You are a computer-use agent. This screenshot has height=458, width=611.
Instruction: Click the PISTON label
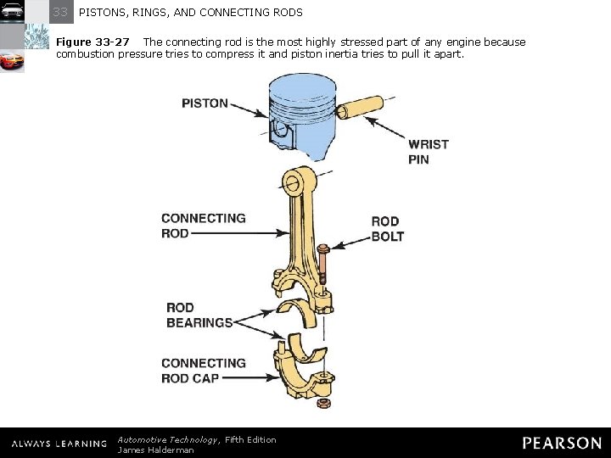tap(205, 103)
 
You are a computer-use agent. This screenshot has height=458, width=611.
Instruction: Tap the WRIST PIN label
tap(428, 151)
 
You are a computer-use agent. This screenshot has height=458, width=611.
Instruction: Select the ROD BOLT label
tap(387, 229)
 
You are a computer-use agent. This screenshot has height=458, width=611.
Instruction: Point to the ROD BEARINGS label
tap(199, 315)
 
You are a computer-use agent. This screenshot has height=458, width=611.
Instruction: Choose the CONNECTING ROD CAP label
tap(204, 371)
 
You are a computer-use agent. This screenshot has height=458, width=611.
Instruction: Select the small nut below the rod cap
tap(323, 402)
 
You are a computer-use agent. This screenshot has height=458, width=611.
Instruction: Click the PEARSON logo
tap(562, 443)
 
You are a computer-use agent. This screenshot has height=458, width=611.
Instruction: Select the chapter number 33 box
tap(61, 12)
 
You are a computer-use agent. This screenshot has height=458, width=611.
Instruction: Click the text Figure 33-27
tap(92, 42)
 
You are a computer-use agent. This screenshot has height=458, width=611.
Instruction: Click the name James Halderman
tap(155, 450)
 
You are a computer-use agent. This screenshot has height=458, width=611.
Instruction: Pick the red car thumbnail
tap(12, 62)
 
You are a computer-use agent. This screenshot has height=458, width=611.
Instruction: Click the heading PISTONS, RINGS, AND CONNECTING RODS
tap(190, 13)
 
